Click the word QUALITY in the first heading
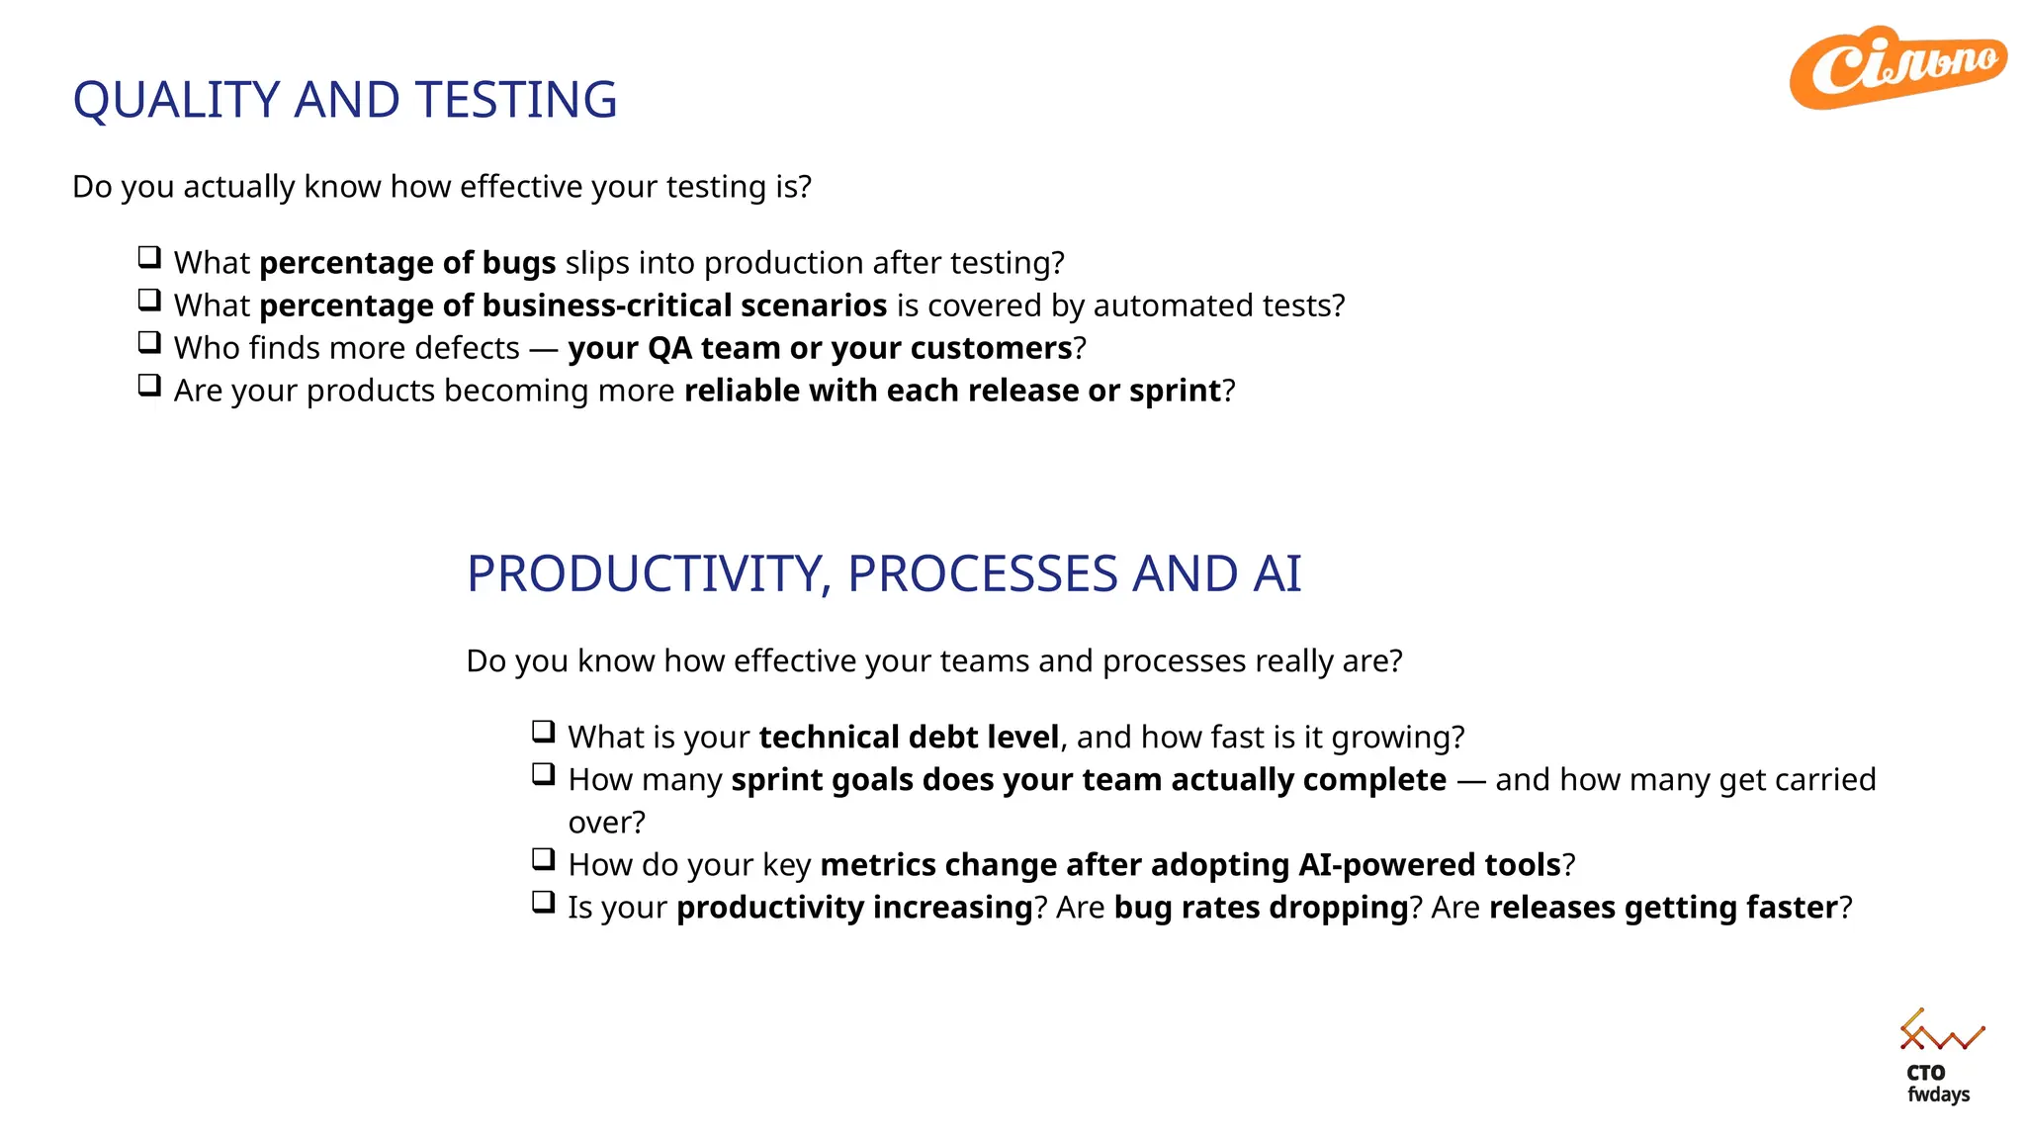click(177, 100)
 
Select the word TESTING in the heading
click(516, 100)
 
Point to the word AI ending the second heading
click(1277, 574)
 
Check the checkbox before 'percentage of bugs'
click(149, 258)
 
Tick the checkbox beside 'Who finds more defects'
click(149, 343)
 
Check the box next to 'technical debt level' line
click(543, 733)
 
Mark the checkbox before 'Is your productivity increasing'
click(543, 903)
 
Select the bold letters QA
click(669, 348)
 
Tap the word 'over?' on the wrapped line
click(606, 823)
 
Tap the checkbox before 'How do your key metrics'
click(543, 860)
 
